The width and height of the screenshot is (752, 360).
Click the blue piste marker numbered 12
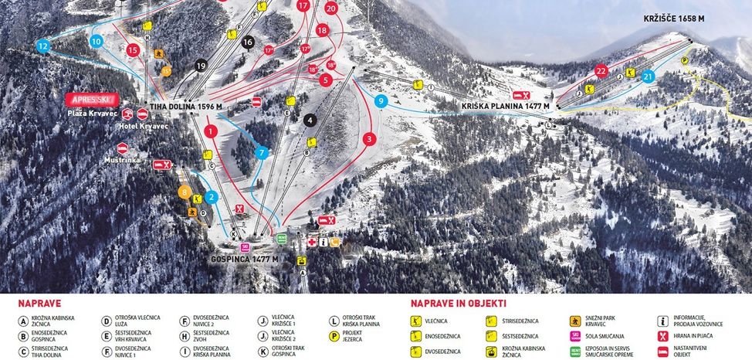tap(42, 46)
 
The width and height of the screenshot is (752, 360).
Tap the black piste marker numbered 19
tap(201, 66)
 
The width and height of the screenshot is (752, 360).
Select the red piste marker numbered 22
tap(601, 71)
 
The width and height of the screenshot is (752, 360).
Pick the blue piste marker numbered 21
tap(648, 76)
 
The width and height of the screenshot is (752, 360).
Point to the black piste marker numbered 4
tap(310, 120)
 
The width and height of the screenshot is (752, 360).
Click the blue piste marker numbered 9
tap(380, 100)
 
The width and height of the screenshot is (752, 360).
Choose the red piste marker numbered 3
tap(370, 139)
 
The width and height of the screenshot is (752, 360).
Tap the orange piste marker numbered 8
tap(184, 192)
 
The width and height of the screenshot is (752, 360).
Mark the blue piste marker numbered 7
tap(262, 153)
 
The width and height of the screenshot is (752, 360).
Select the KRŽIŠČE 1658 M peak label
tap(673, 19)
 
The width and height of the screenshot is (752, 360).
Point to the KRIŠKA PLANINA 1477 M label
tap(506, 106)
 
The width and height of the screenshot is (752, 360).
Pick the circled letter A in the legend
tap(24, 321)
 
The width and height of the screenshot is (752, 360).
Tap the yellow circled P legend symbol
tap(334, 336)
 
